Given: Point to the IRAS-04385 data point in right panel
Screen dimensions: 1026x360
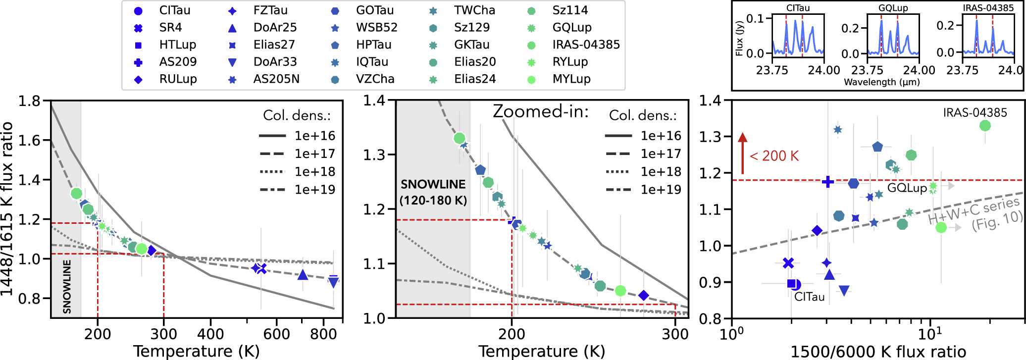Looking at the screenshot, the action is point(985,126).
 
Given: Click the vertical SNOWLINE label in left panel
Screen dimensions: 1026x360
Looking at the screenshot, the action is point(67,287).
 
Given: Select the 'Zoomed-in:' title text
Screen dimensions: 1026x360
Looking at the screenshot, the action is point(541,112).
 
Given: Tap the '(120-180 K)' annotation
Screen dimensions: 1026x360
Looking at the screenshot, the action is point(433,201).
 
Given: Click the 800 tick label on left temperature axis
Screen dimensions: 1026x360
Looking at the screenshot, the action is point(323,334).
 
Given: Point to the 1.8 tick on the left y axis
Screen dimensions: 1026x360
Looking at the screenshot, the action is point(29,101).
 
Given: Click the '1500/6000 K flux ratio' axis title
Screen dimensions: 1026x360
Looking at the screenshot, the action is point(878,352).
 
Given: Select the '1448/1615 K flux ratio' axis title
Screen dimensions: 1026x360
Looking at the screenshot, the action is point(7,209).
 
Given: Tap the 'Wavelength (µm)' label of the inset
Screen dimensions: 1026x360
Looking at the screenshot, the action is point(882,82).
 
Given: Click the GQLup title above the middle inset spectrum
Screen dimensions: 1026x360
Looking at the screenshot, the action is point(893,8).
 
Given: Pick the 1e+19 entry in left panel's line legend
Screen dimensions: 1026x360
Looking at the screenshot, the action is point(297,190).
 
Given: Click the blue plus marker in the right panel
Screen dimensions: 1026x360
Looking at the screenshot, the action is point(827,182).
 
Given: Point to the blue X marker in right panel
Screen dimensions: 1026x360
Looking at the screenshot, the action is point(788,263).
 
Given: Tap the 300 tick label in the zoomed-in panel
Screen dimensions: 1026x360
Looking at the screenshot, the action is point(675,334).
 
